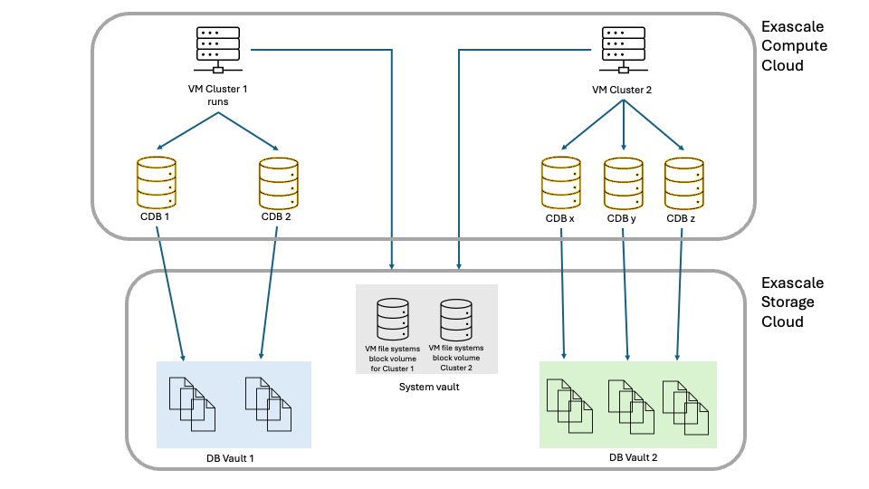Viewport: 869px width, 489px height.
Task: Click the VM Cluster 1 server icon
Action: pyautogui.click(x=218, y=49)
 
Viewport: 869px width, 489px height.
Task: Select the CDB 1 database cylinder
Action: pyautogui.click(x=156, y=184)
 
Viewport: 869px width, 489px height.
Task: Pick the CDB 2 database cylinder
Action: pyautogui.click(x=278, y=184)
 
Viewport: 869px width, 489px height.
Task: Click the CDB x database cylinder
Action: pyautogui.click(x=560, y=184)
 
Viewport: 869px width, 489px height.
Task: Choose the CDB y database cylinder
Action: pyautogui.click(x=623, y=184)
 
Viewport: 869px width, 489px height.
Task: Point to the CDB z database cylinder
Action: pyautogui.click(x=683, y=184)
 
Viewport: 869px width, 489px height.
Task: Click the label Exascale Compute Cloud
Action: pyautogui.click(x=794, y=46)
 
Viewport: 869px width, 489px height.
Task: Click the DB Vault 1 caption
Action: pyautogui.click(x=231, y=459)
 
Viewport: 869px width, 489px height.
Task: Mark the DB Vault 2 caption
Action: pyautogui.click(x=633, y=458)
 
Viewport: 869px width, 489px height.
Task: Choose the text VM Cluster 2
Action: pyautogui.click(x=622, y=90)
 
